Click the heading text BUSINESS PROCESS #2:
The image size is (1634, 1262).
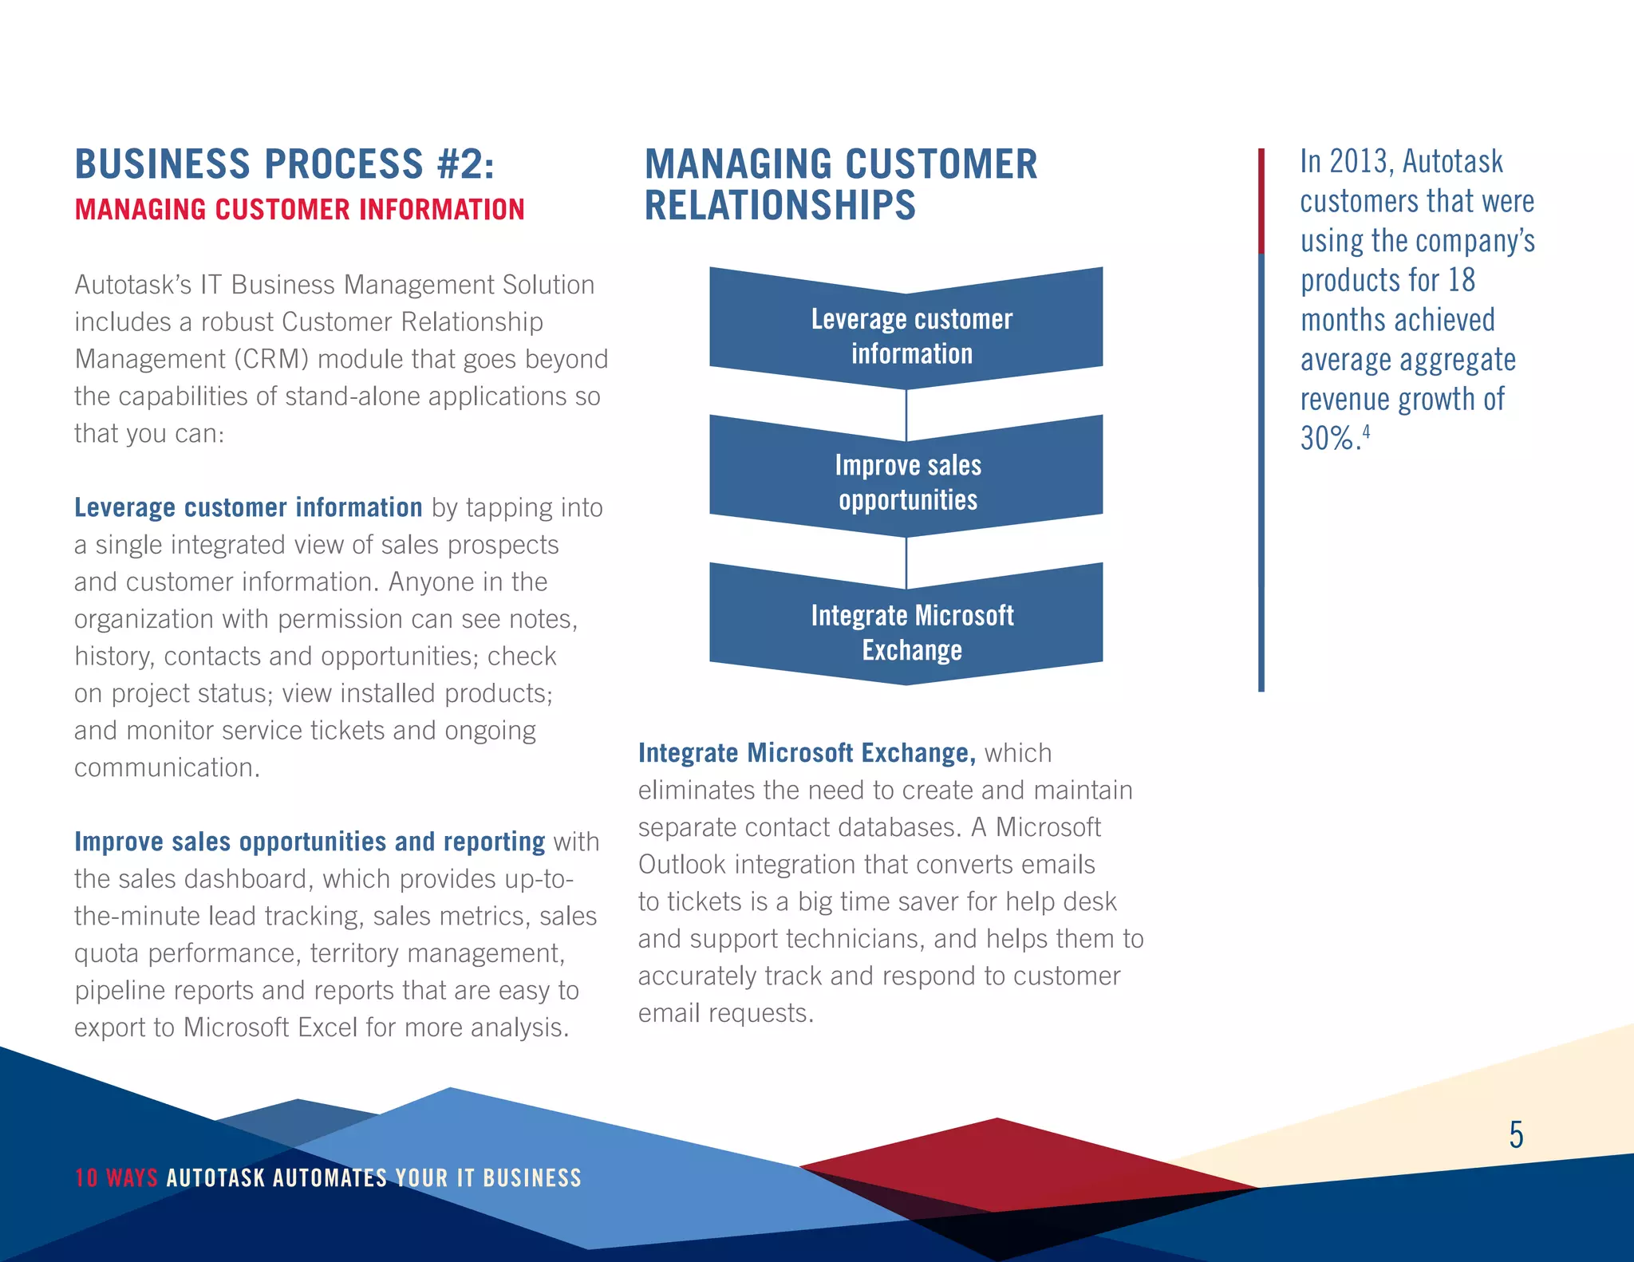[284, 164]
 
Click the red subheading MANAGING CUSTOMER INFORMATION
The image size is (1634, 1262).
[299, 210]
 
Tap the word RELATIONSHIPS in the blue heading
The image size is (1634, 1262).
[780, 206]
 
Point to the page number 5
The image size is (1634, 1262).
[1516, 1134]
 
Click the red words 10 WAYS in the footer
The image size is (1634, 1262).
[116, 1177]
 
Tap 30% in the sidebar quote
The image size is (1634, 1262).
[1327, 439]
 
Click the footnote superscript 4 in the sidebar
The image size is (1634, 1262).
[1366, 432]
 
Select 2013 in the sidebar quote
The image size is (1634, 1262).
[1360, 162]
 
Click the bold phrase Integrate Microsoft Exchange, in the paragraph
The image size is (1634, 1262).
[806, 753]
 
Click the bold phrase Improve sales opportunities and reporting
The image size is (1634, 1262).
[310, 842]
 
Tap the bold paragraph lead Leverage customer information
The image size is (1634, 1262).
[248, 507]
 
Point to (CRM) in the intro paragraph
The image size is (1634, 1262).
[271, 360]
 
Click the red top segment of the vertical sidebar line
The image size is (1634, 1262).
[1261, 199]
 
